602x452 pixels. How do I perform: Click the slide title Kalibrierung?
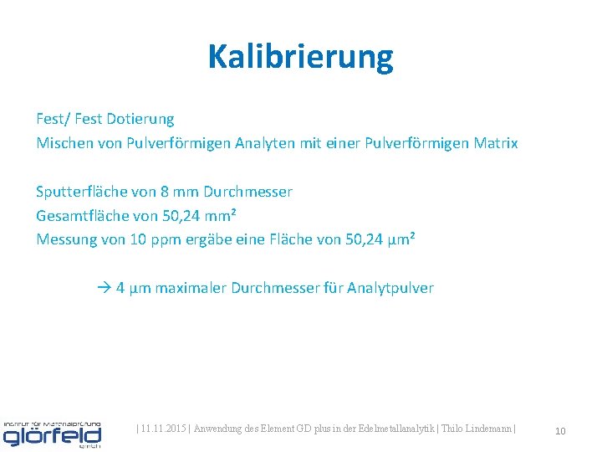[x=300, y=56]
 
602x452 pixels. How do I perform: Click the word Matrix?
[x=496, y=143]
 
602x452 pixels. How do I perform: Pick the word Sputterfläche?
[x=82, y=192]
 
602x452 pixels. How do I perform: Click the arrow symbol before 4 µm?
[x=104, y=288]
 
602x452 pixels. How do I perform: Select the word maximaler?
[x=190, y=288]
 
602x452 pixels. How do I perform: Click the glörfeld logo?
[x=52, y=432]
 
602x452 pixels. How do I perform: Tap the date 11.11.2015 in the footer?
[x=164, y=429]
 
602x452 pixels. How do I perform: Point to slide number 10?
[x=560, y=431]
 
